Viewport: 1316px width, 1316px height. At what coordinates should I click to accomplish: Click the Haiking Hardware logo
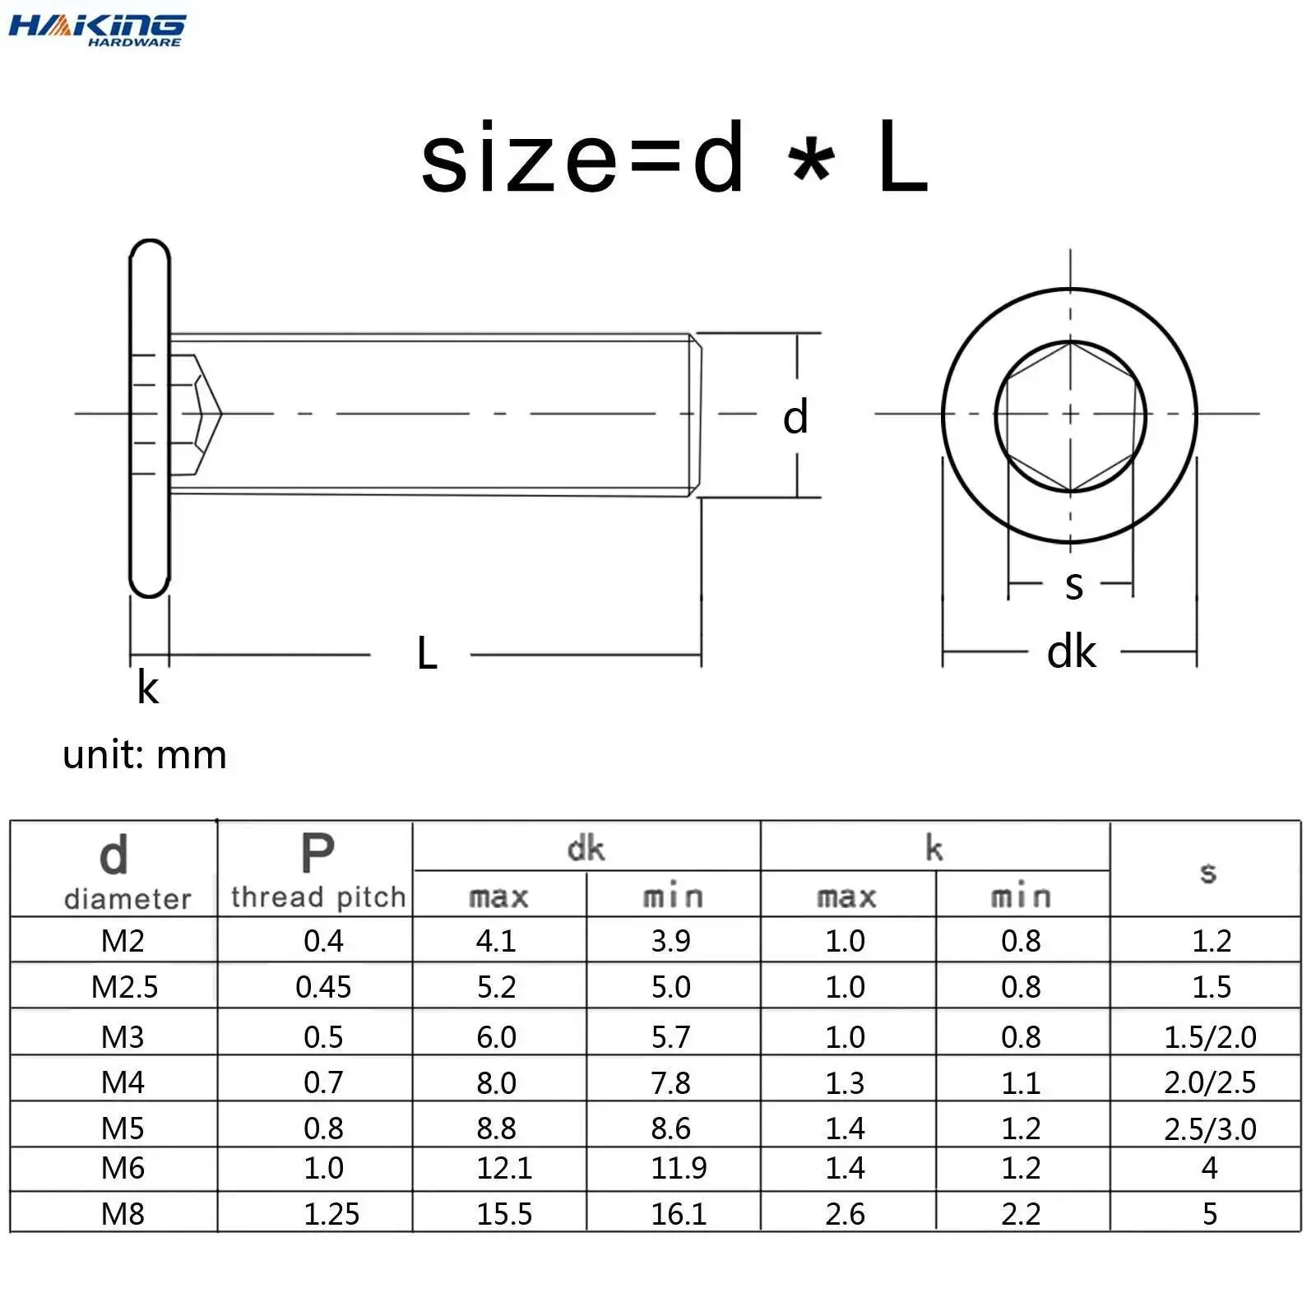pyautogui.click(x=97, y=30)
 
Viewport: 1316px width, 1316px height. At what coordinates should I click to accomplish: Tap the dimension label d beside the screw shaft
pyautogui.click(x=795, y=417)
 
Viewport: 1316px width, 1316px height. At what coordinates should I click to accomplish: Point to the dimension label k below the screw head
pyautogui.click(x=147, y=688)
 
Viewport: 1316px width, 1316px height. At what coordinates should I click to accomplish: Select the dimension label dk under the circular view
pyautogui.click(x=1071, y=652)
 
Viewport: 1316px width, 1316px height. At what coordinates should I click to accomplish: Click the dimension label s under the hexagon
pyautogui.click(x=1073, y=585)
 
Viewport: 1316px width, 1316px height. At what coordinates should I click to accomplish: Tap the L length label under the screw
pyautogui.click(x=427, y=654)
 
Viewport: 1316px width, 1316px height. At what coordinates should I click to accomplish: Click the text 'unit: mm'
pyautogui.click(x=145, y=755)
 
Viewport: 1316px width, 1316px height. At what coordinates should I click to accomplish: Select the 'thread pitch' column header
pyautogui.click(x=317, y=896)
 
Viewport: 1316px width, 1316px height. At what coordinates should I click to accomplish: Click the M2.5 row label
pyautogui.click(x=124, y=986)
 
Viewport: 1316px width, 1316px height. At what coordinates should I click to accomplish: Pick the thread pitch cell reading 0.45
pyautogui.click(x=323, y=986)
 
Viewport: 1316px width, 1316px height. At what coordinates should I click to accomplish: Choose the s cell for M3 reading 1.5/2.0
pyautogui.click(x=1210, y=1037)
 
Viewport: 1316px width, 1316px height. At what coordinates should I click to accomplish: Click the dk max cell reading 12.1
pyautogui.click(x=504, y=1168)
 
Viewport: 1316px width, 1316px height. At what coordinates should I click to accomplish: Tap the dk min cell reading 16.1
pyautogui.click(x=679, y=1214)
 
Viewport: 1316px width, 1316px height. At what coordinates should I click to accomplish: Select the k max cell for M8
pyautogui.click(x=845, y=1214)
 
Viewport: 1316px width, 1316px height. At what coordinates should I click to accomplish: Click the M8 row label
pyautogui.click(x=123, y=1214)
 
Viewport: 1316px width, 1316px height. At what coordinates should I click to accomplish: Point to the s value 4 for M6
pyautogui.click(x=1209, y=1168)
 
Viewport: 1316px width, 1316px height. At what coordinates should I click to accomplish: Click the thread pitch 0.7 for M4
pyautogui.click(x=323, y=1082)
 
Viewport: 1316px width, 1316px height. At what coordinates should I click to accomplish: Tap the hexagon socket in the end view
pyautogui.click(x=1070, y=416)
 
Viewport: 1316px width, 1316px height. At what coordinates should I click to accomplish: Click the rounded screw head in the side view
pyautogui.click(x=150, y=418)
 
